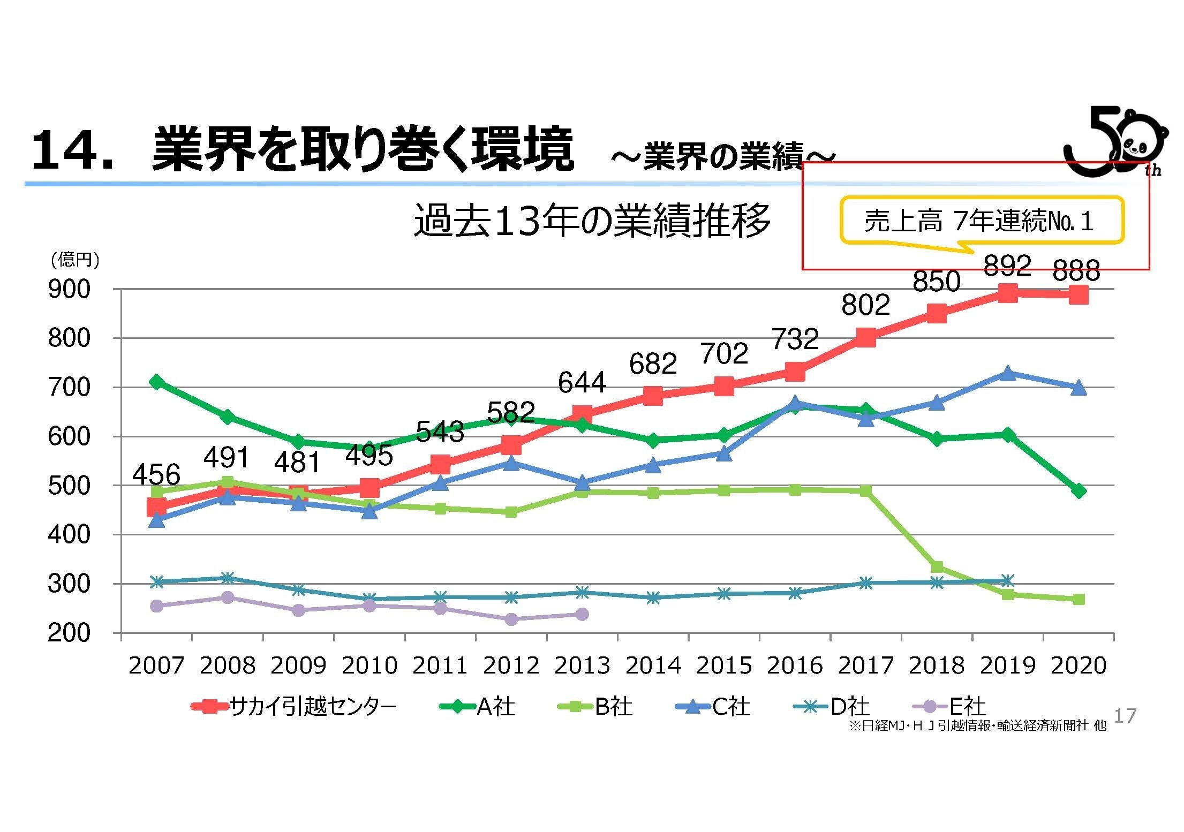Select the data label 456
pyautogui.click(x=156, y=474)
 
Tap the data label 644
pyautogui.click(x=582, y=382)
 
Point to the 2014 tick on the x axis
pyautogui.click(x=653, y=665)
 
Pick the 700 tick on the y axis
pyautogui.click(x=69, y=387)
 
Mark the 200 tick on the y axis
pyautogui.click(x=69, y=633)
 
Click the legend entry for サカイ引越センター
pyautogui.click(x=295, y=707)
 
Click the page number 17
pyautogui.click(x=1125, y=715)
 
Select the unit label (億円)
pyautogui.click(x=74, y=260)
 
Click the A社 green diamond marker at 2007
pyautogui.click(x=156, y=382)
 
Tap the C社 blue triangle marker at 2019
pyautogui.click(x=1007, y=373)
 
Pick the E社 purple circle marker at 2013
pyautogui.click(x=582, y=614)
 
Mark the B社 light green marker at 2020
pyautogui.click(x=1079, y=599)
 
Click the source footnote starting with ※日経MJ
pyautogui.click(x=977, y=726)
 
